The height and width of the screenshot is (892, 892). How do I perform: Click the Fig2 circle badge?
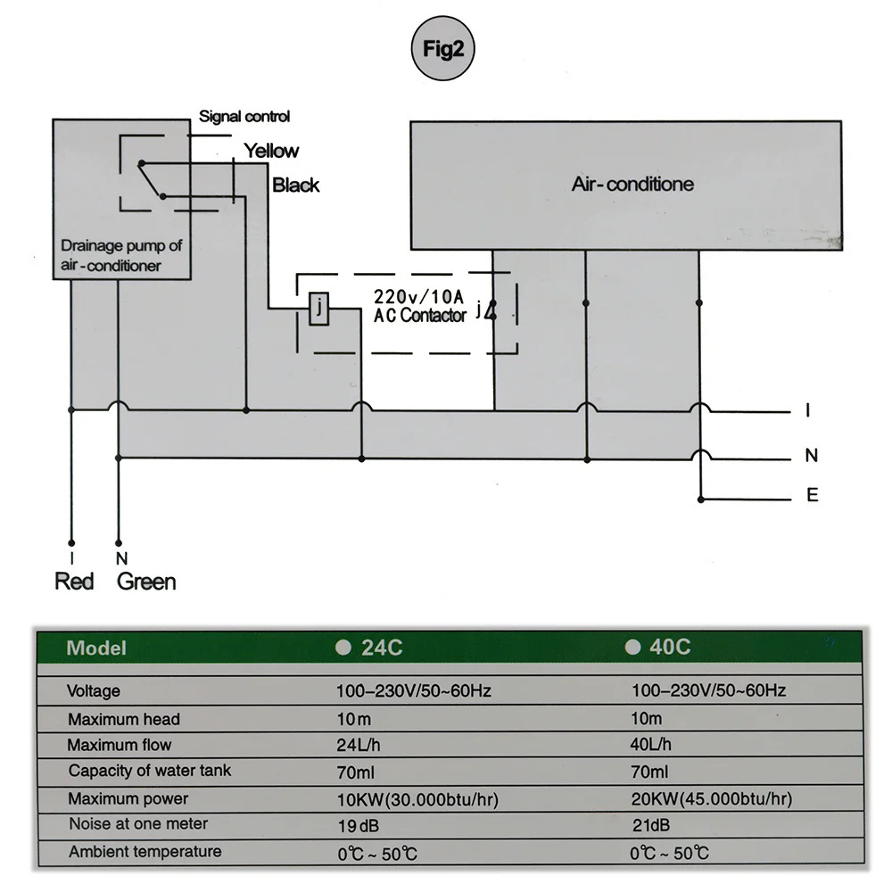coord(443,49)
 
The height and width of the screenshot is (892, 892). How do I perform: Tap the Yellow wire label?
coord(272,151)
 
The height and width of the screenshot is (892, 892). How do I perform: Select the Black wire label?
coord(295,186)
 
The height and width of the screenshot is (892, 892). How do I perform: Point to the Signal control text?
coord(244,117)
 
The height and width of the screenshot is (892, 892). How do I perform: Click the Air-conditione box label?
coord(632,185)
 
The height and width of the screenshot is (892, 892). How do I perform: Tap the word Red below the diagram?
coord(74,582)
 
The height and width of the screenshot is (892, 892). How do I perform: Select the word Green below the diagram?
coord(146,582)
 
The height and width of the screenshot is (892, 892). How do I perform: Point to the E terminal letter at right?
coord(812,496)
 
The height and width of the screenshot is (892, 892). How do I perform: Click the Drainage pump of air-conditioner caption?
coord(120,255)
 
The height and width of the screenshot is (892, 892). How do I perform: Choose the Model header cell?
coord(96,648)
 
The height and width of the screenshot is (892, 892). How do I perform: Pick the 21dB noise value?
coord(650,825)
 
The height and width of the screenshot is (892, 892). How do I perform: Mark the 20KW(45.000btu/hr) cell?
coord(711,798)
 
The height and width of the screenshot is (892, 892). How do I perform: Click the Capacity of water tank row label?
coord(149,771)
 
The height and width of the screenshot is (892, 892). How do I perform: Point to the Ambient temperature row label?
coord(145,852)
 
